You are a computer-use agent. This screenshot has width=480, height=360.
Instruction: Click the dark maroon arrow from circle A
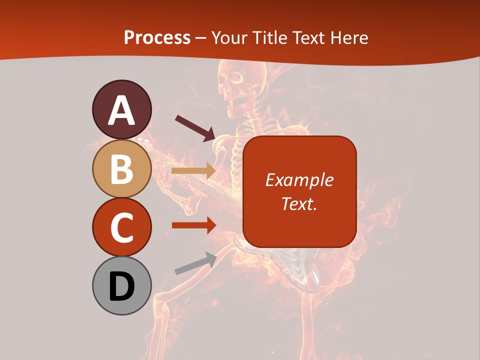(195, 127)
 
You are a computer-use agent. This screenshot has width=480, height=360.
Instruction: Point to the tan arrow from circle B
(193, 171)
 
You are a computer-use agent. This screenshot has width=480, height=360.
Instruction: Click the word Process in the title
(157, 37)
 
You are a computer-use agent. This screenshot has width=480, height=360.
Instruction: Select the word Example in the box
(299, 180)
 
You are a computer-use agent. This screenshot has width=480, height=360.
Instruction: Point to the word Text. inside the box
(299, 203)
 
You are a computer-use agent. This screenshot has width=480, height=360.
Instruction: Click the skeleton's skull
(233, 85)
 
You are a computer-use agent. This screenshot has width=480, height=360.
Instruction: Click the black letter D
(121, 286)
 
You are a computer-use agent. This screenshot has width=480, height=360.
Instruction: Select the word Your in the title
(230, 37)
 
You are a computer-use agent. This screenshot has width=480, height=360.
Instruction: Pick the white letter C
(121, 228)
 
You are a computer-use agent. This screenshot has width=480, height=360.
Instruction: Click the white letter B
(121, 169)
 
